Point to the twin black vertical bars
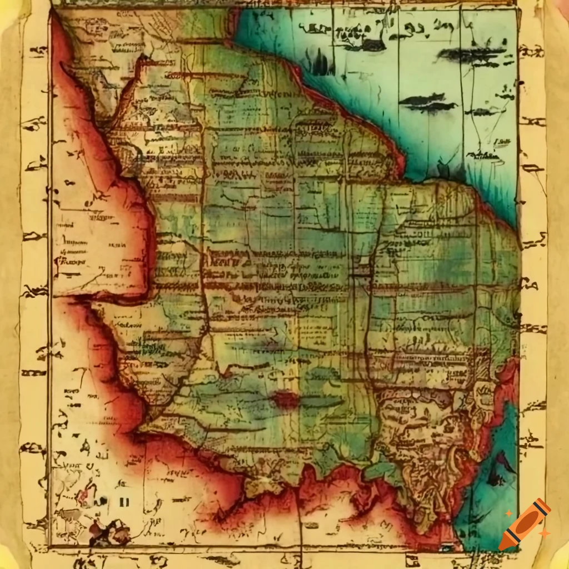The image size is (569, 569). [124, 502]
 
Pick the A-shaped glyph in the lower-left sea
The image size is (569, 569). [86, 445]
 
